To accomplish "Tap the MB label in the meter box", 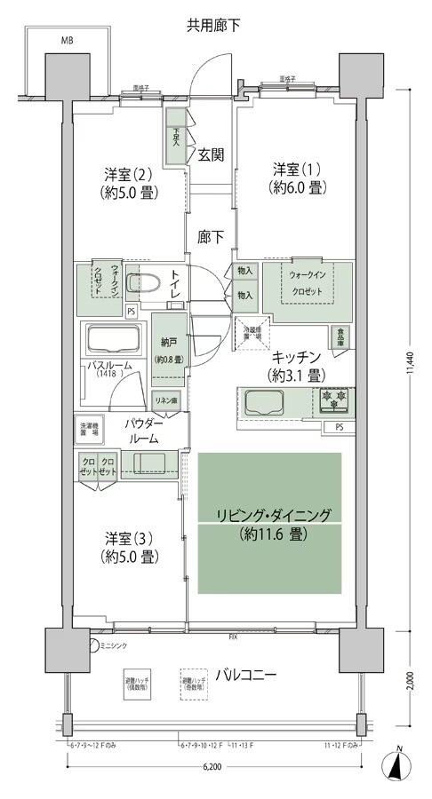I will click(67, 41).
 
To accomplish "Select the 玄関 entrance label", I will click(211, 154).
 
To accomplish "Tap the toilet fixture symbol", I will click(144, 284).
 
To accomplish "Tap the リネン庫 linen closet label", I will click(166, 400).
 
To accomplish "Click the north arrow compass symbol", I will click(400, 765).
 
